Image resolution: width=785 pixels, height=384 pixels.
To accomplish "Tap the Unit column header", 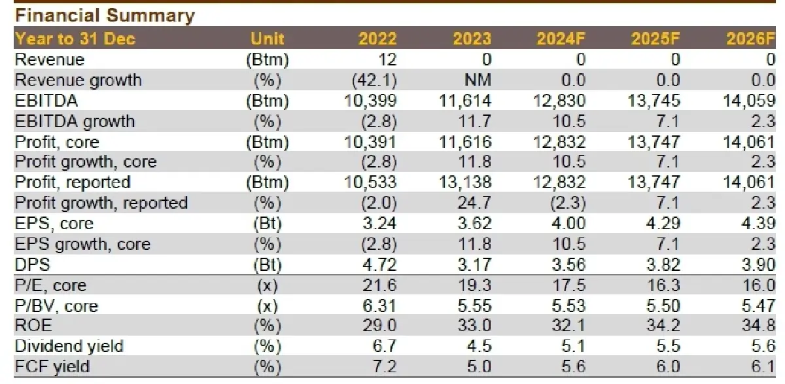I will [x=268, y=39].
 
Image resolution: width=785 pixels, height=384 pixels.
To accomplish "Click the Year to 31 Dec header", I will [x=75, y=39].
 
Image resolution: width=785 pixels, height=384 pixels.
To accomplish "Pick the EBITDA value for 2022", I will [x=370, y=101].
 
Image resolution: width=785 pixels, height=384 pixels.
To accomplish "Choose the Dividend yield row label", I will [x=69, y=346].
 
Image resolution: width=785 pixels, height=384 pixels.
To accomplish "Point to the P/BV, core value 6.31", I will [x=380, y=305].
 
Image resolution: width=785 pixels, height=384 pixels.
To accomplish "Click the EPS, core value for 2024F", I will [x=570, y=224].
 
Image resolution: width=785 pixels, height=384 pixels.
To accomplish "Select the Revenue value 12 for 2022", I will [x=387, y=60].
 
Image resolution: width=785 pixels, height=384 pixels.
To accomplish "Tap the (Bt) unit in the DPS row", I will [x=268, y=264].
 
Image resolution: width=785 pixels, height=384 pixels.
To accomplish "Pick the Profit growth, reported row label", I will [x=101, y=203].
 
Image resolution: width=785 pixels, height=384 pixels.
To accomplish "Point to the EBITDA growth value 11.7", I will [x=476, y=121].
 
